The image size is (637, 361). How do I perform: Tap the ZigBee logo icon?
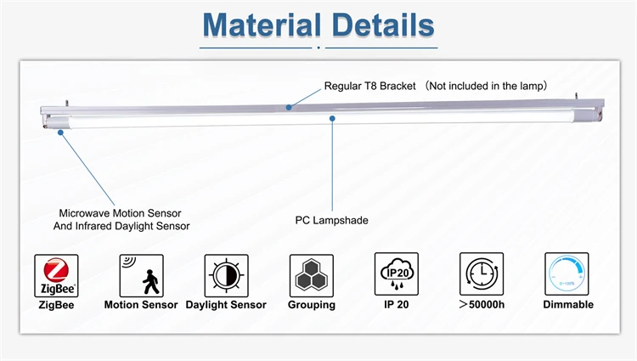(x=57, y=275)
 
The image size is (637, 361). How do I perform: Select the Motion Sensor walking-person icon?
(x=141, y=275)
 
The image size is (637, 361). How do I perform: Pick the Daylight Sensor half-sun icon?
(x=226, y=275)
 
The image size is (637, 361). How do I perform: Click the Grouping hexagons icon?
(x=312, y=275)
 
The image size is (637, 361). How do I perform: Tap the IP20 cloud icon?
(x=397, y=275)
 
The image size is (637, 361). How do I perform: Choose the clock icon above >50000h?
(x=482, y=275)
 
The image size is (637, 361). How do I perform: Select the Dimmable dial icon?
(x=567, y=275)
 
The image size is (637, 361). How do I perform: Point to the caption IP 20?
(x=397, y=305)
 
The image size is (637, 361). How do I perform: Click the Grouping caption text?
(x=312, y=305)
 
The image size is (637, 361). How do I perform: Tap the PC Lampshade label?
(x=331, y=220)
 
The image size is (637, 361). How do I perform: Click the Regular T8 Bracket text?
(x=372, y=86)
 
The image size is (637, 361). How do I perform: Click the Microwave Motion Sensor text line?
(x=120, y=212)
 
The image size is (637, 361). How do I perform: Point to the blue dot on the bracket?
(x=290, y=107)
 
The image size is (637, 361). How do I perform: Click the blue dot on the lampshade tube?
(x=332, y=120)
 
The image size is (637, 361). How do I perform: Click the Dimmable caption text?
(x=567, y=305)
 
